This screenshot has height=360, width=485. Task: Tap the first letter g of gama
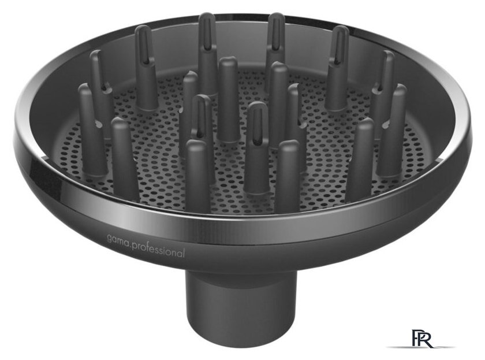[110, 239]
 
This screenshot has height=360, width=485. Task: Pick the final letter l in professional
[184, 253]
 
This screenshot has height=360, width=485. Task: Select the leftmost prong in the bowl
[92, 130]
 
